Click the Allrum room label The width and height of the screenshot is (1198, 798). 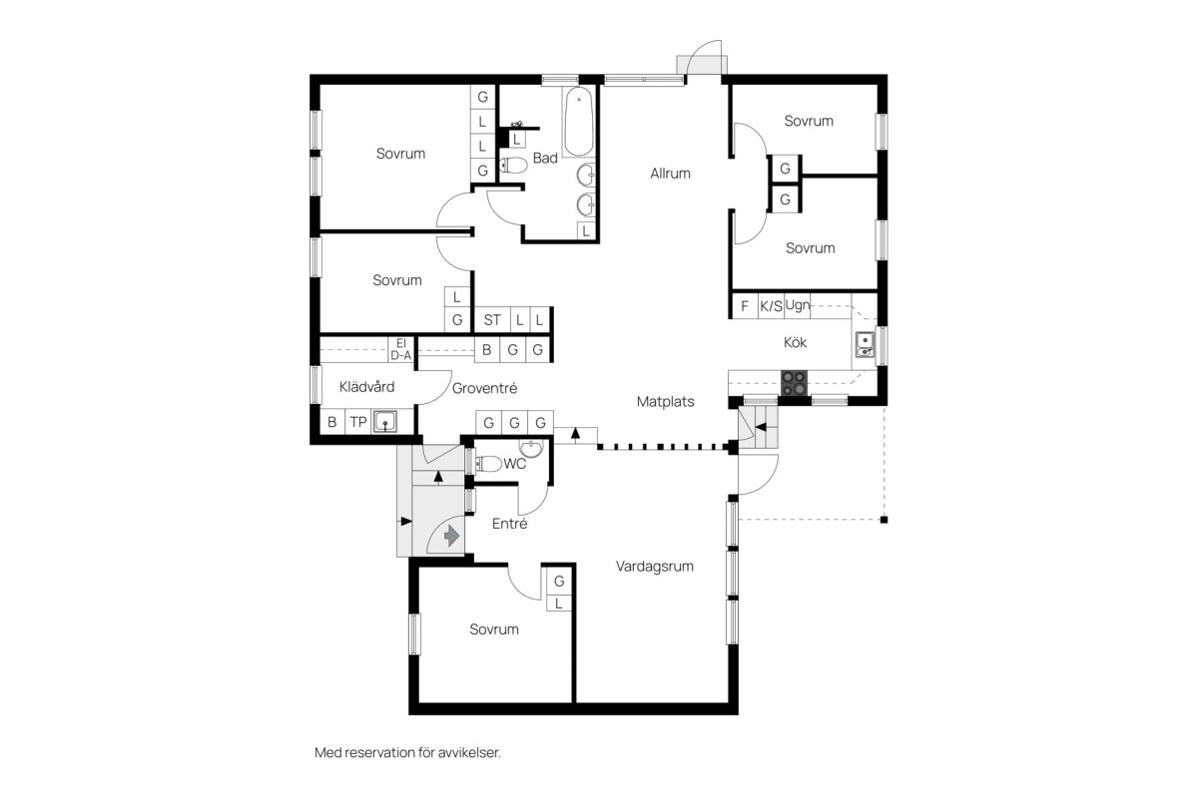670,174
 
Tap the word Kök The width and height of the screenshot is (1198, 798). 795,342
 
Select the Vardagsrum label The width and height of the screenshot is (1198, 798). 655,567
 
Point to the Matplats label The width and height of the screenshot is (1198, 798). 665,401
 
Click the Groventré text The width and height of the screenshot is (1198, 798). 484,388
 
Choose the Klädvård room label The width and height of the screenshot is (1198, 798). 367,386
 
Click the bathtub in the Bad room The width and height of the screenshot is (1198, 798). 579,122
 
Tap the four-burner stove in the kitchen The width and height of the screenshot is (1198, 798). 795,383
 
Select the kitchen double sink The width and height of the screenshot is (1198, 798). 865,345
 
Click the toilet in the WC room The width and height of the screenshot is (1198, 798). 488,464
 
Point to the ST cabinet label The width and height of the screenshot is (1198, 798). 492,320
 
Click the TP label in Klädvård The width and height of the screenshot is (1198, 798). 358,422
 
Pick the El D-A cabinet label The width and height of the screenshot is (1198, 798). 401,349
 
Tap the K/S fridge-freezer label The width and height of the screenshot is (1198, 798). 771,306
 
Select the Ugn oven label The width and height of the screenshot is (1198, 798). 798,305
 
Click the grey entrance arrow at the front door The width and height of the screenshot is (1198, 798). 451,536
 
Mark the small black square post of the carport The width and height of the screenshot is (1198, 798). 884,520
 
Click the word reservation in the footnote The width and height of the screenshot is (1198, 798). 379,753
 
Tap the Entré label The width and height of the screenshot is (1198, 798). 510,524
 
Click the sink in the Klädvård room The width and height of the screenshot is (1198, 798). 385,422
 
